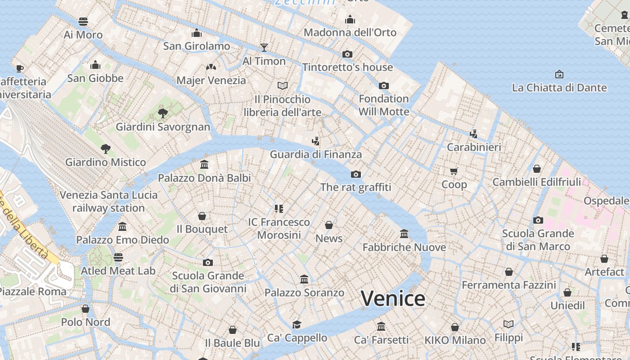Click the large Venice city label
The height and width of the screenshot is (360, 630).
(x=393, y=298)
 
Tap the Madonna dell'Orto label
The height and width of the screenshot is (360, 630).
(x=350, y=32)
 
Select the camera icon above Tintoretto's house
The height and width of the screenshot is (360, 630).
(x=347, y=54)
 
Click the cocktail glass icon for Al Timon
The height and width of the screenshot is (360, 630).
(x=264, y=48)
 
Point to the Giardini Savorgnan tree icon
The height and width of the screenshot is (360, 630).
(x=163, y=113)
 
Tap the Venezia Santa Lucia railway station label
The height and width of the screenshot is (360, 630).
(x=108, y=202)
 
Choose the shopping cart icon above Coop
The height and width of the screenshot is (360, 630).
(x=454, y=171)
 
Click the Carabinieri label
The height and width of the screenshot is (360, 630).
(x=473, y=147)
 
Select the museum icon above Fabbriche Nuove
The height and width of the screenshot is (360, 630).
(x=404, y=234)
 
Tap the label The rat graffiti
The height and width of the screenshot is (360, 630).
(x=355, y=187)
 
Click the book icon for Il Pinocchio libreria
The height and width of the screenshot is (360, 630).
(x=282, y=85)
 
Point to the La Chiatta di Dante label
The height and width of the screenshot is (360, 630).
(x=559, y=88)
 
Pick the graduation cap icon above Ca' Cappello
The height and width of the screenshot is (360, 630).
(x=297, y=324)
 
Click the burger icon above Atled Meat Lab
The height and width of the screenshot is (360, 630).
(x=118, y=257)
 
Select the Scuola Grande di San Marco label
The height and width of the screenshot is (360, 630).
(x=538, y=240)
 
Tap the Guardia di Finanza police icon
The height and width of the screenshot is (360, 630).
(x=315, y=141)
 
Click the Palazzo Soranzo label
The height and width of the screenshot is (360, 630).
(x=304, y=293)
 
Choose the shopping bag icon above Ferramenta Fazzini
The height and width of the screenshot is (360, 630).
(x=508, y=272)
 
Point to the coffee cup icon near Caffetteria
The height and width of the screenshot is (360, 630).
(x=19, y=68)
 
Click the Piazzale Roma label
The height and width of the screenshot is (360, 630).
(x=32, y=292)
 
